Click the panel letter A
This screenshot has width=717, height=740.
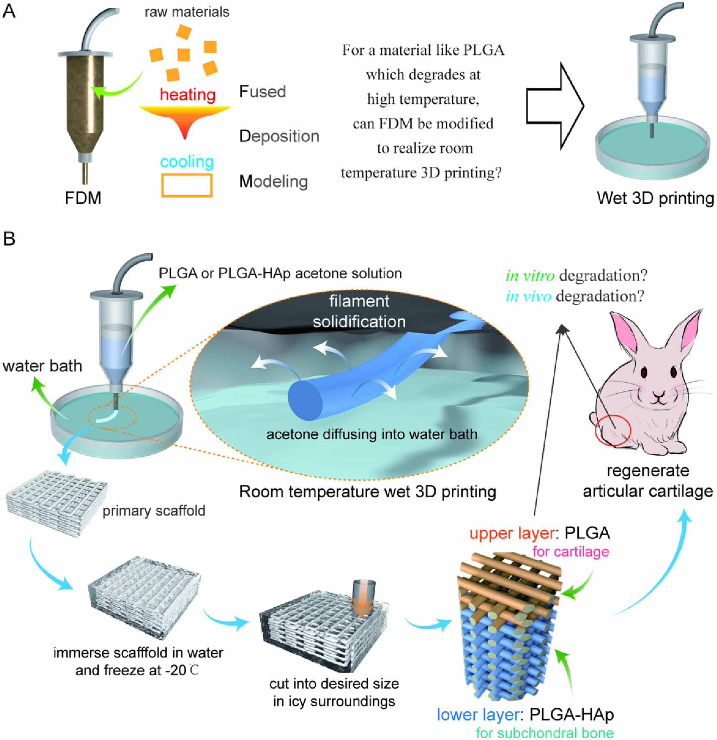coord(9,11)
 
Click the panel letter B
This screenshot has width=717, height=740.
coord(9,239)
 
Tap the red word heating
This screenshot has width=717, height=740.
coord(187,95)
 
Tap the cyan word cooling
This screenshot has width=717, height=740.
coord(187,162)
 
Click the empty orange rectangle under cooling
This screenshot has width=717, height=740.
coord(187,185)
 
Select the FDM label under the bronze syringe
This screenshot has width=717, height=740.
coord(83,198)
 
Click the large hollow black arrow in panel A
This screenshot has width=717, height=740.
coord(555,106)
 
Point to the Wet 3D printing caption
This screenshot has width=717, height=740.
coord(655,198)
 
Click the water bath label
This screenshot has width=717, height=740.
coord(42,366)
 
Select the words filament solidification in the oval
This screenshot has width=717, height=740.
coord(359,311)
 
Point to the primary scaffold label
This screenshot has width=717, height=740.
coord(154,511)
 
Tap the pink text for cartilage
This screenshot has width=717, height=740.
coord(570,552)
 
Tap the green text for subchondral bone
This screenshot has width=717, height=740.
coord(545,733)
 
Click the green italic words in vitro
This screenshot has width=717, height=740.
coord(530,276)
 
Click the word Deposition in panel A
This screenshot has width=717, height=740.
coord(279,136)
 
